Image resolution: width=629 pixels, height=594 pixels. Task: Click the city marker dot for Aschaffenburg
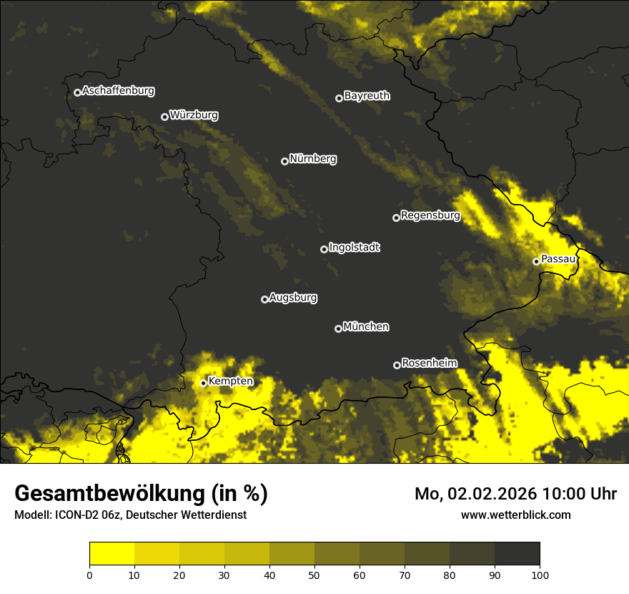(x=77, y=92)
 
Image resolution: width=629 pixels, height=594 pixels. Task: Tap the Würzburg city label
(x=194, y=115)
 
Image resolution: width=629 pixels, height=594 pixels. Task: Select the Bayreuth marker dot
(x=339, y=98)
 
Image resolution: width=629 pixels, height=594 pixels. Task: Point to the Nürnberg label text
(x=313, y=159)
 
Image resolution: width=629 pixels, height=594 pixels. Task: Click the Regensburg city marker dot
(x=396, y=218)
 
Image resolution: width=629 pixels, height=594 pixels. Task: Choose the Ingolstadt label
(x=355, y=248)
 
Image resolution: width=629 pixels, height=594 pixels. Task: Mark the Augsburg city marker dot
(x=264, y=299)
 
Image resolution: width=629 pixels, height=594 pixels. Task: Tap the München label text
(x=366, y=327)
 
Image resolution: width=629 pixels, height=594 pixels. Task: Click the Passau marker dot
(x=536, y=261)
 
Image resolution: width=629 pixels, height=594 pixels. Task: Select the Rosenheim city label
(x=429, y=364)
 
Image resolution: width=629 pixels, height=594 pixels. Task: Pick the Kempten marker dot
(x=203, y=383)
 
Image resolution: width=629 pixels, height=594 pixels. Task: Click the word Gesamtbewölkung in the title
(x=109, y=494)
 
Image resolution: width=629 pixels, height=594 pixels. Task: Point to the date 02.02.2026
(x=492, y=494)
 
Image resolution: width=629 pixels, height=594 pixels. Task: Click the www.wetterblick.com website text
(x=515, y=515)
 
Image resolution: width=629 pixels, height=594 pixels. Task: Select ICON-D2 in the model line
(x=81, y=515)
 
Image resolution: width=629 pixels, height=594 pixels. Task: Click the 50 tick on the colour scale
(x=314, y=574)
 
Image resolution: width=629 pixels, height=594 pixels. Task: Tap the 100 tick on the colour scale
(x=540, y=574)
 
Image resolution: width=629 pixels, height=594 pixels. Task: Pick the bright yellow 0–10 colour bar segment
(x=112, y=553)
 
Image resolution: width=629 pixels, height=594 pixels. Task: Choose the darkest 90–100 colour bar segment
(x=517, y=553)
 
